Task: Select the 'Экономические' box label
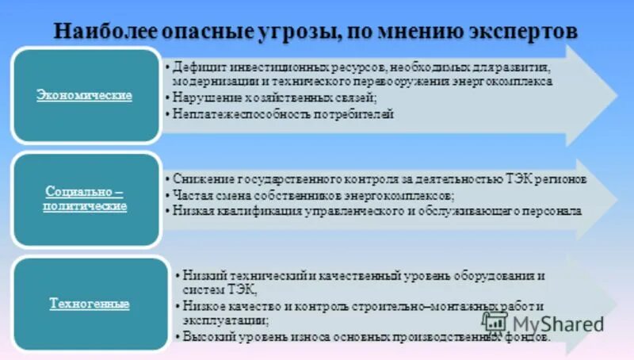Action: click(x=84, y=95)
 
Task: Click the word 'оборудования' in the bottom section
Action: click(x=498, y=275)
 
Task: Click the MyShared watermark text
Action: click(x=557, y=323)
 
